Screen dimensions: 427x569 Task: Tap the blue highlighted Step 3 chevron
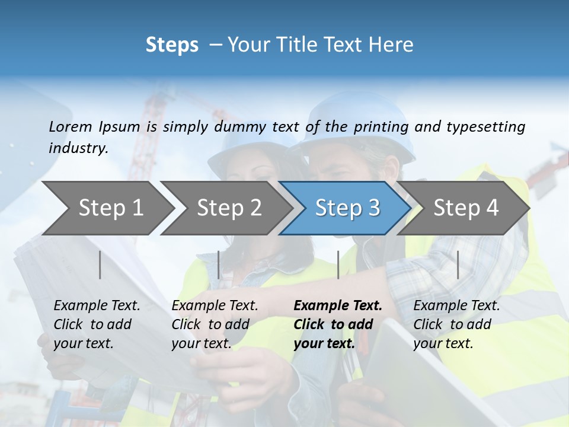(347, 208)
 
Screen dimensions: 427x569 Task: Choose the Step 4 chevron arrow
(466, 208)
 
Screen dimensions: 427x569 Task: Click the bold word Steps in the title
(172, 44)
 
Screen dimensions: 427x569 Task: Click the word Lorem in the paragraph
(70, 126)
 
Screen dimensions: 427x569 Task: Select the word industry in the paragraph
(78, 148)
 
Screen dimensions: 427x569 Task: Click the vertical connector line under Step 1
(100, 265)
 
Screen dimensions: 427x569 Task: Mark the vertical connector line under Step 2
(219, 265)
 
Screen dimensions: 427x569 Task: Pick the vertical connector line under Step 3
(338, 265)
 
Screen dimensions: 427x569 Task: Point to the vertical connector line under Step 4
(458, 265)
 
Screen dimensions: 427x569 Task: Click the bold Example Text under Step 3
(338, 324)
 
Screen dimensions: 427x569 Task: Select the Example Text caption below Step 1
(97, 324)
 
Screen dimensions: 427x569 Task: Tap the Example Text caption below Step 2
(215, 324)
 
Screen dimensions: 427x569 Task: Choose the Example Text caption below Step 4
(456, 324)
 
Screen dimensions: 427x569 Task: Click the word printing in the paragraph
(382, 126)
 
